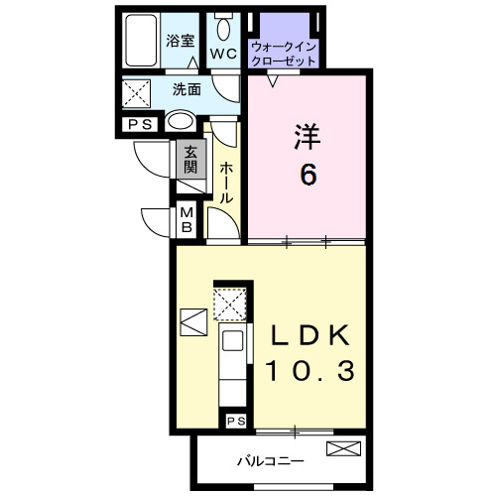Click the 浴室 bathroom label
pyautogui.click(x=180, y=42)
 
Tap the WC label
pyautogui.click(x=221, y=54)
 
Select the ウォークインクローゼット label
pyautogui.click(x=284, y=54)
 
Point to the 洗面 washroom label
pyautogui.click(x=186, y=89)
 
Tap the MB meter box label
pyautogui.click(x=186, y=220)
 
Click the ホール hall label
pyautogui.click(x=226, y=183)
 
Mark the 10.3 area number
pyautogui.click(x=310, y=373)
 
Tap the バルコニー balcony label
pyautogui.click(x=270, y=461)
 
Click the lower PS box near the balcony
pyautogui.click(x=236, y=422)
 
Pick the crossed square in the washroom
pyautogui.click(x=136, y=94)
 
